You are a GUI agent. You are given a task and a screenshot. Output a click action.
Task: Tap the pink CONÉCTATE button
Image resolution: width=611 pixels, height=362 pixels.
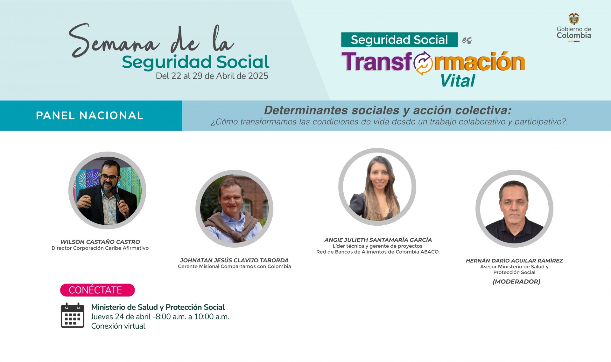click(x=97, y=290)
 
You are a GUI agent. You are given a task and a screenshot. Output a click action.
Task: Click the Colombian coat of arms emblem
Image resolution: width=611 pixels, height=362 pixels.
click(x=574, y=19)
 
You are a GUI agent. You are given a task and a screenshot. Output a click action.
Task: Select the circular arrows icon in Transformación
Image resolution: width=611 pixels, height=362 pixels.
click(x=423, y=63)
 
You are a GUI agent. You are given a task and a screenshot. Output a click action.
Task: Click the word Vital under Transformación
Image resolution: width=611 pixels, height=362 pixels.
click(x=458, y=81)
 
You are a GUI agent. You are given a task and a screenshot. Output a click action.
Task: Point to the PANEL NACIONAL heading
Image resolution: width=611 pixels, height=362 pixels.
click(x=90, y=115)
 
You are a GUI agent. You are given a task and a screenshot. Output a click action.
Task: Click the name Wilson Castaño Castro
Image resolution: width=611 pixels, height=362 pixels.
click(x=100, y=242)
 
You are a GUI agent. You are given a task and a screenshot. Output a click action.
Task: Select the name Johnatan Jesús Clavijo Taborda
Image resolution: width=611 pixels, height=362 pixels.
click(x=234, y=260)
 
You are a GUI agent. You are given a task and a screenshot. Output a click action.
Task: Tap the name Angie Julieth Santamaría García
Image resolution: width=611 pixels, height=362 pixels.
click(x=378, y=240)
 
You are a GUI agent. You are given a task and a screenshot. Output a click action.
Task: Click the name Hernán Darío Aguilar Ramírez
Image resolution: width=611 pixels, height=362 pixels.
click(x=514, y=261)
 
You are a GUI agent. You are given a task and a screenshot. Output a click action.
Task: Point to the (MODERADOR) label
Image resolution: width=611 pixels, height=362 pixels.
click(x=516, y=282)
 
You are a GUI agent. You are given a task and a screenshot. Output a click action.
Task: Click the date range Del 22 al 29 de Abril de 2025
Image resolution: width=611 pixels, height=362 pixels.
click(x=212, y=76)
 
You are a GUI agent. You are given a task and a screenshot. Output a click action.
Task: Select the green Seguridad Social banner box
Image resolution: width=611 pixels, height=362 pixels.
click(x=399, y=40)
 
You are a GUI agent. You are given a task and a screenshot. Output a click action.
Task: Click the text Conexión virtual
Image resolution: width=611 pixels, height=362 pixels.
click(x=118, y=326)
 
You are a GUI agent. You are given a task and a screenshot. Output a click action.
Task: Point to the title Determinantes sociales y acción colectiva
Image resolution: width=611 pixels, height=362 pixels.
click(x=388, y=110)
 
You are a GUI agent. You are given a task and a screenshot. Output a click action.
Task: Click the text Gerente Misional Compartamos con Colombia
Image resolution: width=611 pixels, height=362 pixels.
click(x=234, y=266)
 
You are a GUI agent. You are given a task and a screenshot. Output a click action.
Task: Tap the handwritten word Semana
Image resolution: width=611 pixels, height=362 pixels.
click(x=114, y=41)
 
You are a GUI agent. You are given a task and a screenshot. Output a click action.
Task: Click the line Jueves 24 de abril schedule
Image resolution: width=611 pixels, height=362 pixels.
click(x=160, y=317)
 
